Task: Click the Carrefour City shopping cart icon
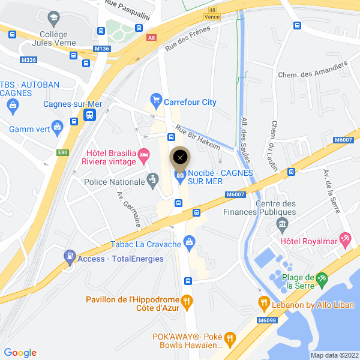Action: click(156, 99)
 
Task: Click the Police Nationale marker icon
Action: click(152, 179)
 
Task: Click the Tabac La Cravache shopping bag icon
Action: click(190, 242)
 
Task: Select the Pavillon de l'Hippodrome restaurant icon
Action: click(187, 300)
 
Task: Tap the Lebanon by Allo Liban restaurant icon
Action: click(263, 302)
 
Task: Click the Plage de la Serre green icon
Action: click(322, 278)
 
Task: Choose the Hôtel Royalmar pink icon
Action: click(345, 241)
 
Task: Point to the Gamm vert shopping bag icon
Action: click(57, 127)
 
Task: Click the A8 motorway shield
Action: click(151, 37)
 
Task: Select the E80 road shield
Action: click(63, 152)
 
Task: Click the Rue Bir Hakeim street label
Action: click(197, 136)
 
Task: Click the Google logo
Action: click(20, 353)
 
